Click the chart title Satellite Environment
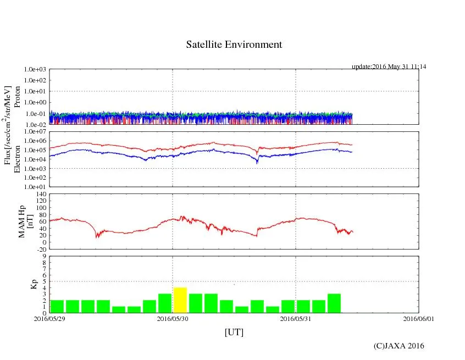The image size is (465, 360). tap(234, 45)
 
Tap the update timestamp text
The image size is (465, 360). tap(389, 67)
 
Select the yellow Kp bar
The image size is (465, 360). tap(180, 300)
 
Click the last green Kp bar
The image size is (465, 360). tap(334, 303)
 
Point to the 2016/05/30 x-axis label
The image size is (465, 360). tap(173, 318)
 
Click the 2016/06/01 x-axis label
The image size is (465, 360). tap(419, 318)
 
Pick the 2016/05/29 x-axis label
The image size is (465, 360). tap(49, 318)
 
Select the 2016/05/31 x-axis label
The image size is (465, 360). tap(296, 318)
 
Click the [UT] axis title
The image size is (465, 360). tap(234, 333)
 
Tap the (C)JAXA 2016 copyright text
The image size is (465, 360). tap(398, 346)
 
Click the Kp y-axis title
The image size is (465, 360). tap(34, 284)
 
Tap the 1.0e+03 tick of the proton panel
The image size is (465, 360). tap(35, 70)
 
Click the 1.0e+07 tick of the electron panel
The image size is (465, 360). tap(35, 132)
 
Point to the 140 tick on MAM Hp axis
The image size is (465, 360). tap(40, 194)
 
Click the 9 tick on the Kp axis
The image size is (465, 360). tap(43, 256)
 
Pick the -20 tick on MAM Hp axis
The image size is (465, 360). tap(40, 249)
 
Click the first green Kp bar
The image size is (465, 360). tap(57, 306)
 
